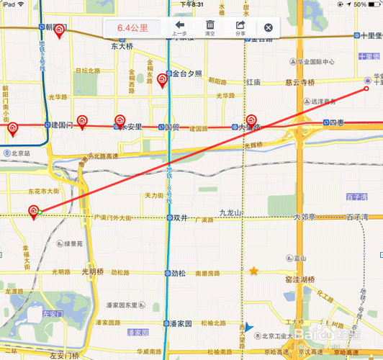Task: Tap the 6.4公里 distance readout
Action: [x=132, y=28]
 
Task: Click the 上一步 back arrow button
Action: [x=180, y=27]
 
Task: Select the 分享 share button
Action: [x=240, y=27]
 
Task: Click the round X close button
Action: [x=269, y=28]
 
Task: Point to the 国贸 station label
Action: [x=172, y=126]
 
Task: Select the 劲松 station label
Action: [x=179, y=273]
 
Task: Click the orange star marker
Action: [x=253, y=271]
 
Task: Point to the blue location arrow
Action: [x=249, y=328]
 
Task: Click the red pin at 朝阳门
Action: [x=60, y=31]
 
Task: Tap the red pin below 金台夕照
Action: [x=162, y=81]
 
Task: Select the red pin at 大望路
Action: [x=251, y=120]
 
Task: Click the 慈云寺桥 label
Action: [x=300, y=82]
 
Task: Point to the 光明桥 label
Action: [x=93, y=271]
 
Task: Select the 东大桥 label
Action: [x=124, y=47]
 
